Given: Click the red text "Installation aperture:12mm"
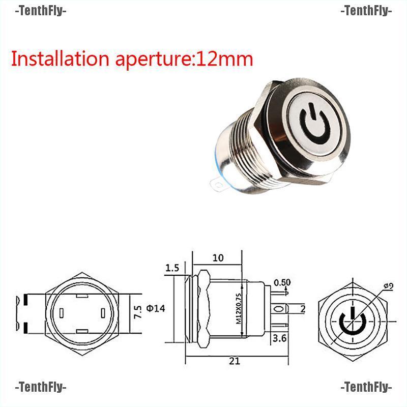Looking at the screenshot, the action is [132, 59].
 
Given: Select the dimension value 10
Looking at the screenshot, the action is [218, 258].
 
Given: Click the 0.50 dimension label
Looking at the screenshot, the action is [282, 283].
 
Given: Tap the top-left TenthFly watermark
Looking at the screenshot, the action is [41, 10].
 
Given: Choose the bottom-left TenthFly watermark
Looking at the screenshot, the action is [41, 388].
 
